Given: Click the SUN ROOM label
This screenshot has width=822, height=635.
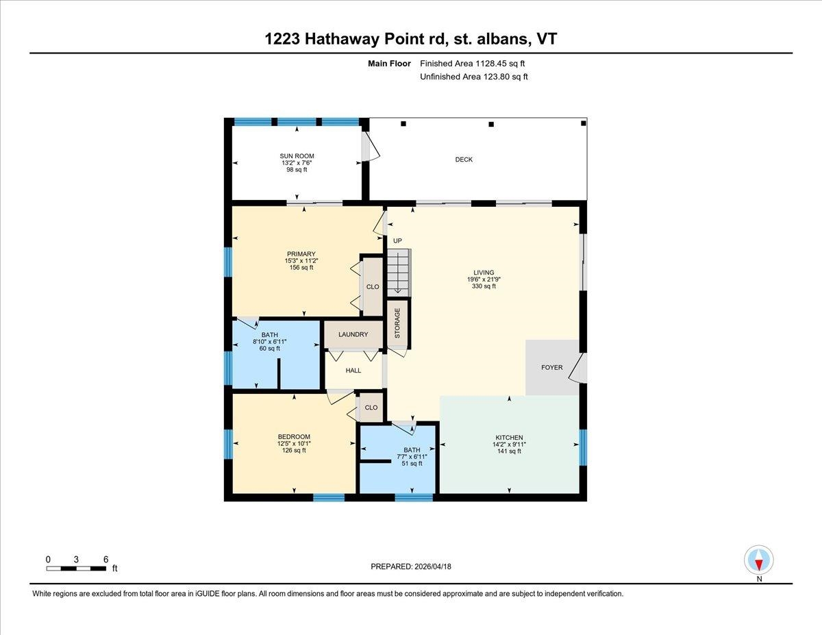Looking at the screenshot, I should (x=297, y=156).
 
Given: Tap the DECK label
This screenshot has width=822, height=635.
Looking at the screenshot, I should (x=464, y=160).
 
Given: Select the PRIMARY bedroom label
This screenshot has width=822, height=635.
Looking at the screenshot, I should (x=301, y=254).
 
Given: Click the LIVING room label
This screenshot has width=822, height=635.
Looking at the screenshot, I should (x=483, y=273).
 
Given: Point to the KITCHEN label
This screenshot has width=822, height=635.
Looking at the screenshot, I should (x=509, y=438).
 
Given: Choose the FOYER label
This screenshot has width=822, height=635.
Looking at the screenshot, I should (x=551, y=368).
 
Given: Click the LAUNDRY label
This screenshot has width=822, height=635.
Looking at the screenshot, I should (x=353, y=335).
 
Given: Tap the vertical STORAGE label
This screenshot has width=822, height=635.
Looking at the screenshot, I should (x=397, y=323).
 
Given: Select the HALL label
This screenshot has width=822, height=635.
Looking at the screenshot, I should (x=353, y=371).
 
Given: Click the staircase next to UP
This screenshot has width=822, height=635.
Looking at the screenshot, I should (x=398, y=273).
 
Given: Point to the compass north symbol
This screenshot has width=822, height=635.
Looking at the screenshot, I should (x=758, y=560).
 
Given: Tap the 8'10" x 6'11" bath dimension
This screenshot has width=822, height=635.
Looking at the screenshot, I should (x=269, y=341).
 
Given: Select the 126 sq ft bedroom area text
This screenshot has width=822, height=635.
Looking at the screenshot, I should (x=293, y=451).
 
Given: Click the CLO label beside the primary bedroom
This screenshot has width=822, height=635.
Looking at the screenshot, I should (x=373, y=287).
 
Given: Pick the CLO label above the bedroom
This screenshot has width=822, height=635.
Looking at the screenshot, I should (x=371, y=408).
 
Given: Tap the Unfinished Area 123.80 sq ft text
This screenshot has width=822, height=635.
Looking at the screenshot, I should (x=473, y=77).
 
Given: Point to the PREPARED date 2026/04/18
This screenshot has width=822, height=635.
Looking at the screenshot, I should (x=412, y=566).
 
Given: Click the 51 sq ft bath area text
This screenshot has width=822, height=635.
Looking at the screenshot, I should (x=412, y=464).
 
